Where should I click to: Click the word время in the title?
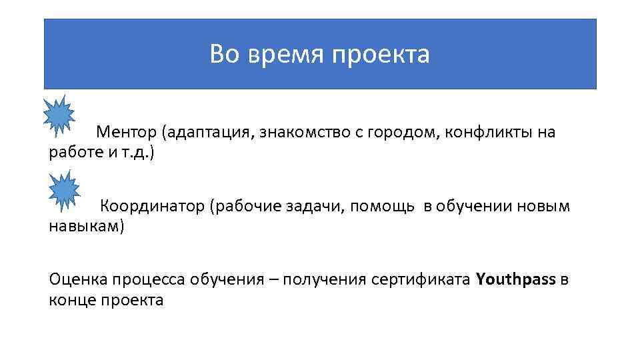tap(283, 55)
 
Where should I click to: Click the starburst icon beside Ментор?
tap(59, 113)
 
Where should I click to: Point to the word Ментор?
tap(125, 132)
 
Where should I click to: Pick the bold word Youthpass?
tap(516, 279)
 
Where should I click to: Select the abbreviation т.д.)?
tap(138, 153)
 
